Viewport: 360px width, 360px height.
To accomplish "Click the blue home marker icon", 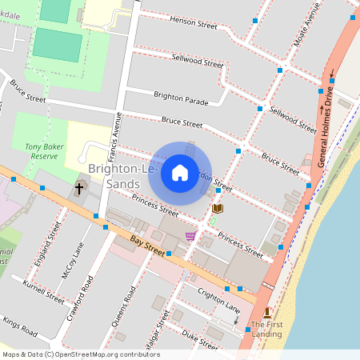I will (x=180, y=172).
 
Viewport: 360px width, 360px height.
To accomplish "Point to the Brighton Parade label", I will (x=181, y=98).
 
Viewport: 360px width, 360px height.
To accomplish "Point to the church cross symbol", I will (x=79, y=189).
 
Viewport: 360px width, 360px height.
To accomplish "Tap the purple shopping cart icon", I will (x=190, y=236).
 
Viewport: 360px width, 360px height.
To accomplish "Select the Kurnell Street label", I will (x=44, y=292).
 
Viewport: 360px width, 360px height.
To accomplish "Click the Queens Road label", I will (x=124, y=303).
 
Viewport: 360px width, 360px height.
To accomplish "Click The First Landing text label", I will (x=266, y=330).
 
